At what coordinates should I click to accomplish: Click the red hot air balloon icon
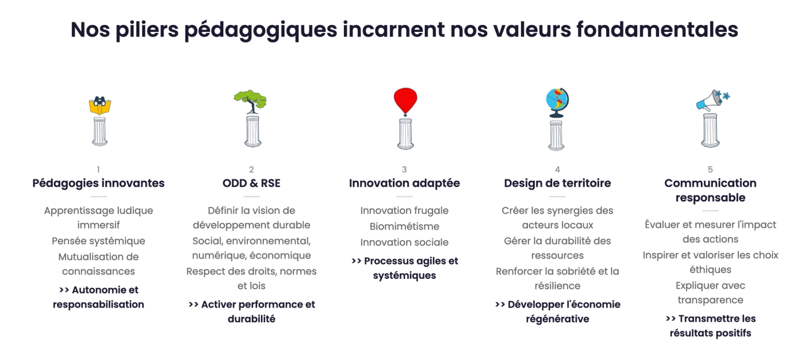coord(405,101)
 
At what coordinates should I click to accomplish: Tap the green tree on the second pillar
coord(250,101)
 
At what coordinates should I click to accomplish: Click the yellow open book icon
coord(100,106)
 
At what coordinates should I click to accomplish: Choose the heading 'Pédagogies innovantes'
coord(98,183)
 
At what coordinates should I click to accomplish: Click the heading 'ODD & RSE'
coord(251,183)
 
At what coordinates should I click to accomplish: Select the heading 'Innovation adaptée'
coord(404,183)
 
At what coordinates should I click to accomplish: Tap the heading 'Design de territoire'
coord(557,183)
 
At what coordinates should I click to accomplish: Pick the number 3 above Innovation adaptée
coord(404,169)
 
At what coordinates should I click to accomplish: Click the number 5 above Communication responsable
coord(710,169)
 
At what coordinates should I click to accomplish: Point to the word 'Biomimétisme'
coord(404,226)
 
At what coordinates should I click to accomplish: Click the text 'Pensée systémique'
coord(98,241)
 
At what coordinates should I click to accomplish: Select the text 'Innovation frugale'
coord(404,211)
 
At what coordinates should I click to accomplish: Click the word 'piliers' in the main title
coord(147,30)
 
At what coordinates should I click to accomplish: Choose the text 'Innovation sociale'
coord(404,242)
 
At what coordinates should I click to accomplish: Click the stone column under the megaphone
coord(710,130)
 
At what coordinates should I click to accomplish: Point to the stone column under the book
coord(100,131)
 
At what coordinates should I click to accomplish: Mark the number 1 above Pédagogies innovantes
coord(98,169)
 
